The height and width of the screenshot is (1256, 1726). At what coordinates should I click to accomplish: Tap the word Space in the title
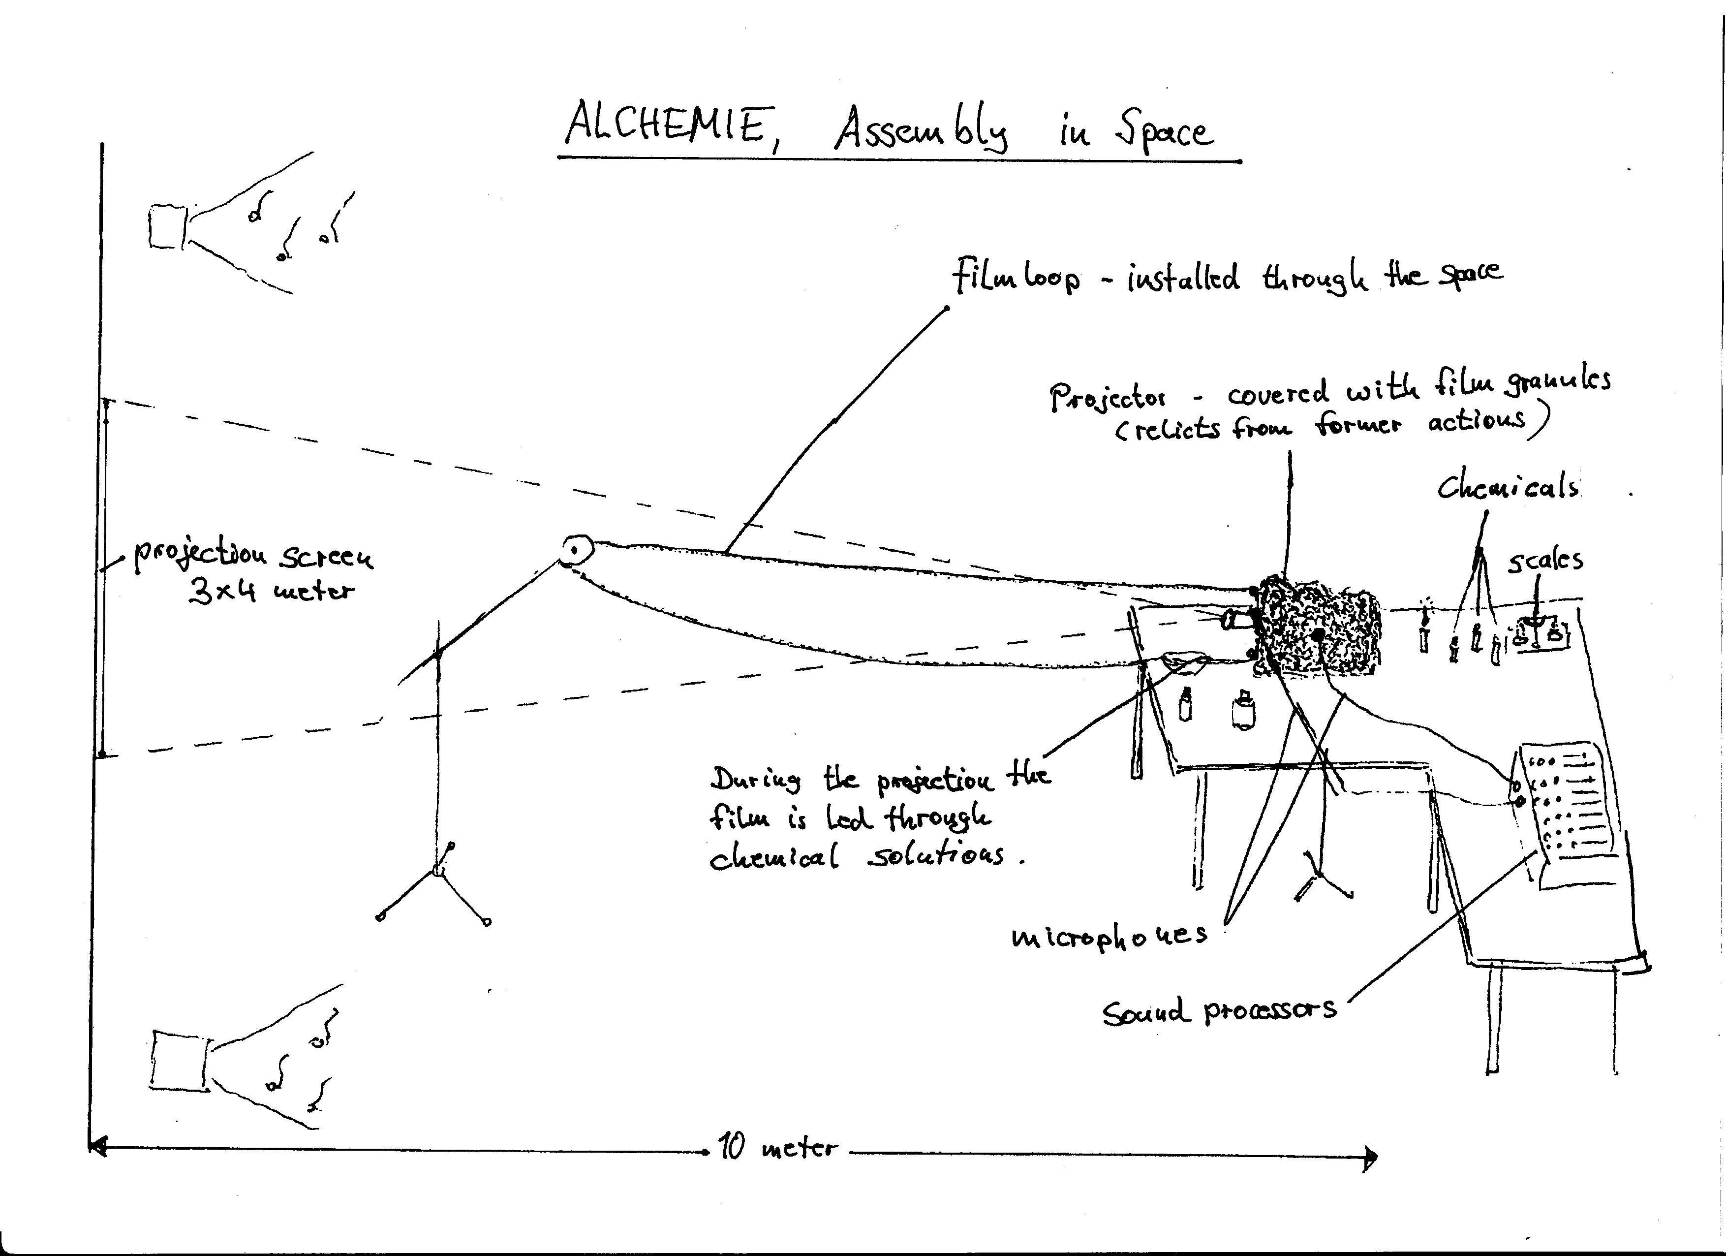point(1163,131)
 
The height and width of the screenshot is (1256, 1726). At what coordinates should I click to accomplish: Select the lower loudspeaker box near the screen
point(180,1060)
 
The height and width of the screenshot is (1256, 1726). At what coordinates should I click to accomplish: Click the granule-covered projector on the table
point(1317,626)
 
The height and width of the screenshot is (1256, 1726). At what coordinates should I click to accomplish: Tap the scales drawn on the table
point(1537,632)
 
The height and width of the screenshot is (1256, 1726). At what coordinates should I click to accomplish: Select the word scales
point(1545,560)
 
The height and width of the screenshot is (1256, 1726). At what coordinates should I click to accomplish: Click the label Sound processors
point(1219,1009)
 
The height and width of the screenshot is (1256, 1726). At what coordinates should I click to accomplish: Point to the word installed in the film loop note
point(1183,279)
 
